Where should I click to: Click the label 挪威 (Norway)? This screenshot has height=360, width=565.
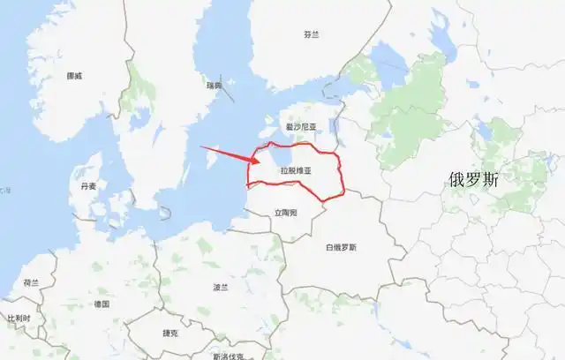73,76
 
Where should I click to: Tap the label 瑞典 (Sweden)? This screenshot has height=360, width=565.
214,85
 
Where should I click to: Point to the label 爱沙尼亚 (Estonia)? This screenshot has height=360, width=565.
300,127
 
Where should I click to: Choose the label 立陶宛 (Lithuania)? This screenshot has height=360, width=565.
285,213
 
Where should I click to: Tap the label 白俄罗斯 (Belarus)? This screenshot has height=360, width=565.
340,247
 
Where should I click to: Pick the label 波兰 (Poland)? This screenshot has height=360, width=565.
221,288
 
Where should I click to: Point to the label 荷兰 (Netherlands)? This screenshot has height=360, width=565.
31,283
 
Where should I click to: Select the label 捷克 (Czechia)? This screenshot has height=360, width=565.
170,333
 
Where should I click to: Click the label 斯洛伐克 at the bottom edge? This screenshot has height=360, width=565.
228,355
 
